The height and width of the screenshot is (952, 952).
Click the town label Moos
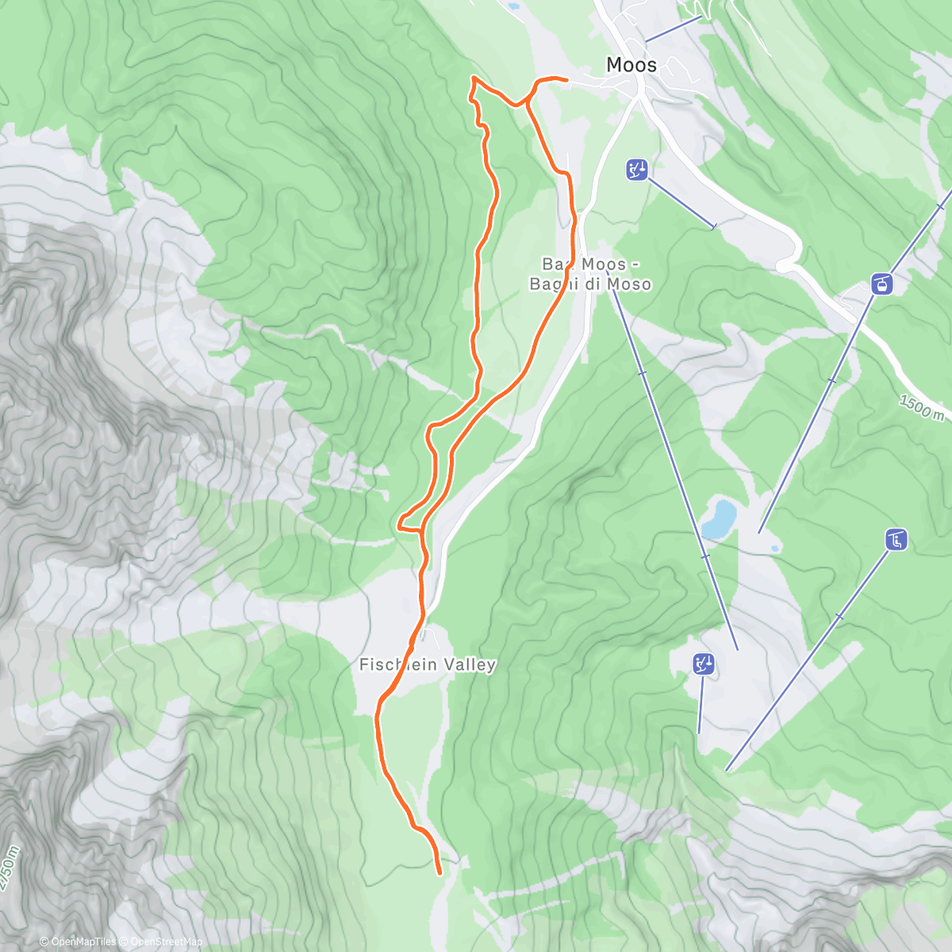tap(631, 65)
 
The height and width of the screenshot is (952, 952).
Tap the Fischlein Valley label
tap(428, 665)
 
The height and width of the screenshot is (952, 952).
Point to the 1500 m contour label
tap(921, 409)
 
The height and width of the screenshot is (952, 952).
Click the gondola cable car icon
tap(881, 283)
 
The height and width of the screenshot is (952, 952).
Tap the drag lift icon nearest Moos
tap(637, 170)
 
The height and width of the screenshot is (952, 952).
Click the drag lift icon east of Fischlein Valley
tap(704, 664)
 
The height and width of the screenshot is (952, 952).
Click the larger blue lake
tap(719, 518)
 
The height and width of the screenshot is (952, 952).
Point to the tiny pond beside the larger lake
tap(773, 548)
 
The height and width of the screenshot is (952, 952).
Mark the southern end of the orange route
tap(440, 873)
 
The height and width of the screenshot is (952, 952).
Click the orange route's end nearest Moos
tap(567, 80)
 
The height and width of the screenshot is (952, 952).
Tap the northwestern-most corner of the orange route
tap(474, 78)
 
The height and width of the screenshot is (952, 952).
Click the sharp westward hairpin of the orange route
tap(399, 523)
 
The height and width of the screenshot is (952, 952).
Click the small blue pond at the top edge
tap(515, 6)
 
